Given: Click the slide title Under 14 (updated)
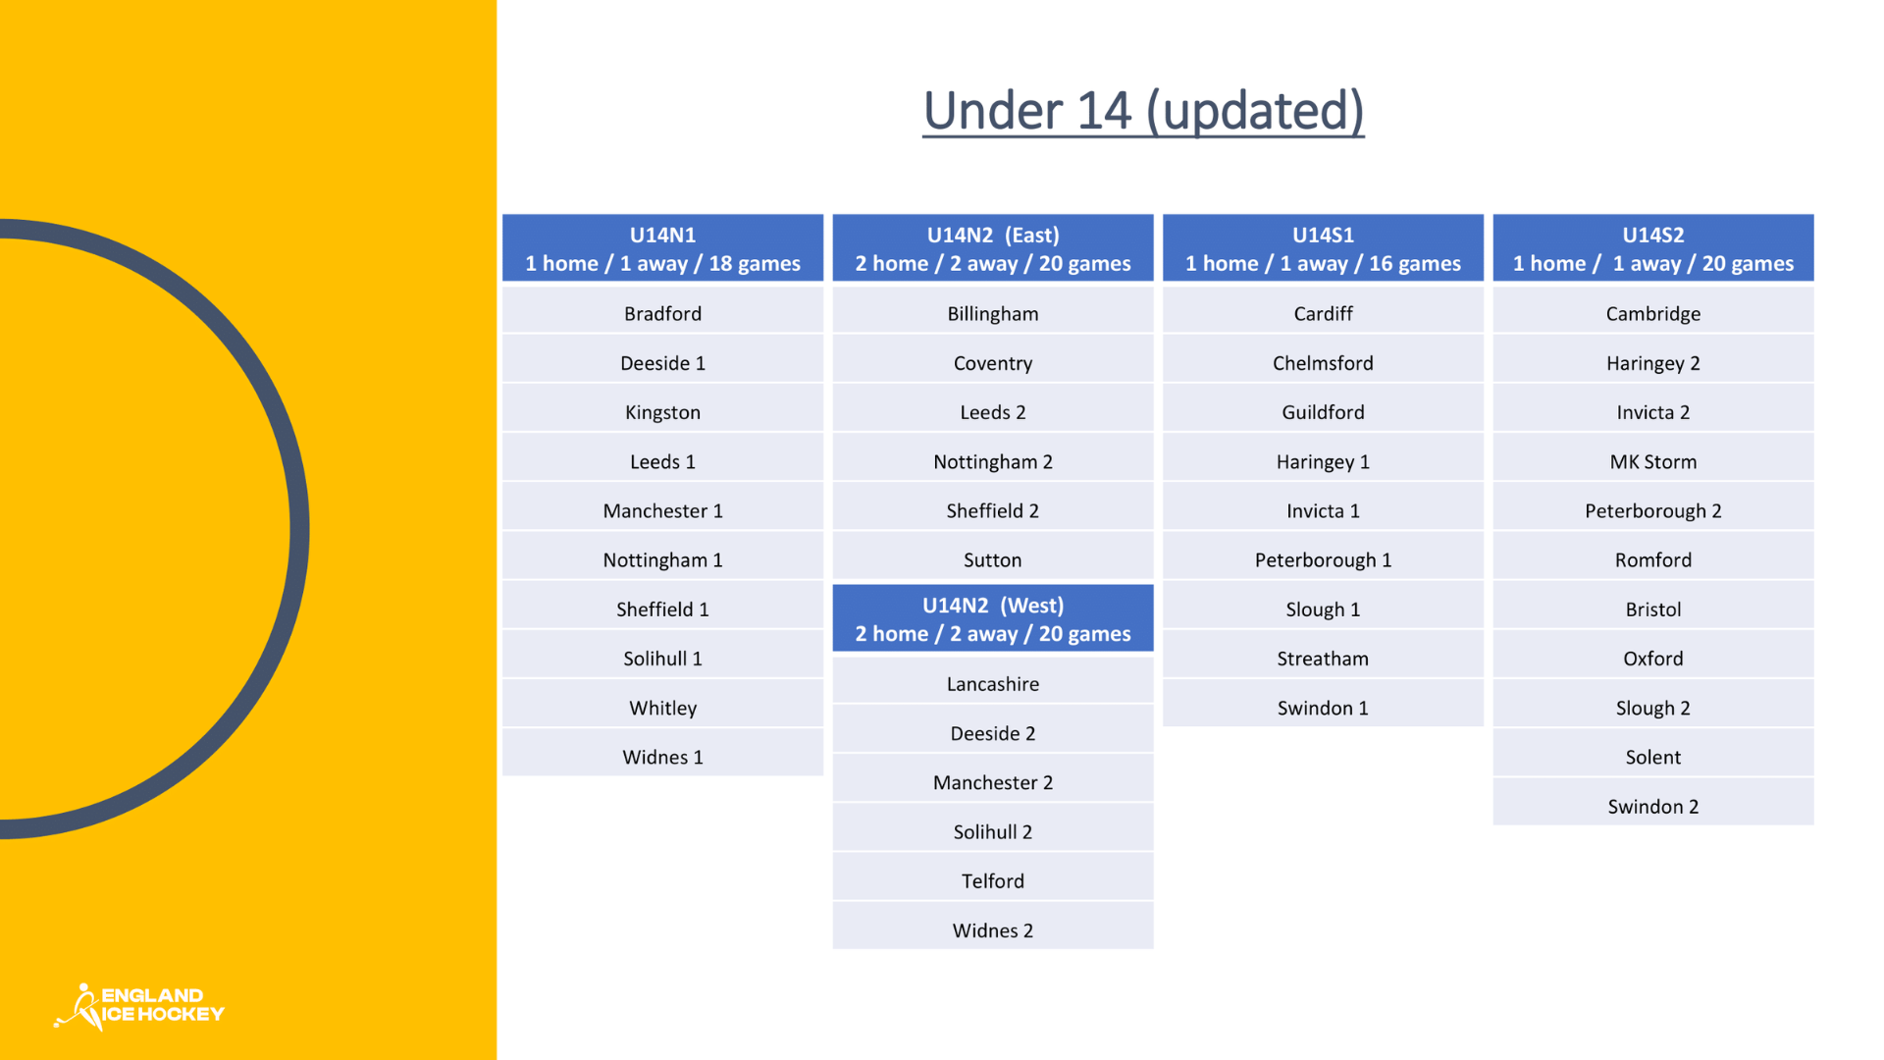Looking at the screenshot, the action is (x=1143, y=111).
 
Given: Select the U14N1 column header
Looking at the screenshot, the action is (x=662, y=248).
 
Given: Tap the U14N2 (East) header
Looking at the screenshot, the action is (x=993, y=248).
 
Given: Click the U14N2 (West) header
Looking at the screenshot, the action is (x=993, y=618).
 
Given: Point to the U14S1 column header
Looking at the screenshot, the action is (x=1323, y=248).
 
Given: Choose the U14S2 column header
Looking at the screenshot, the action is (x=1653, y=248).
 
